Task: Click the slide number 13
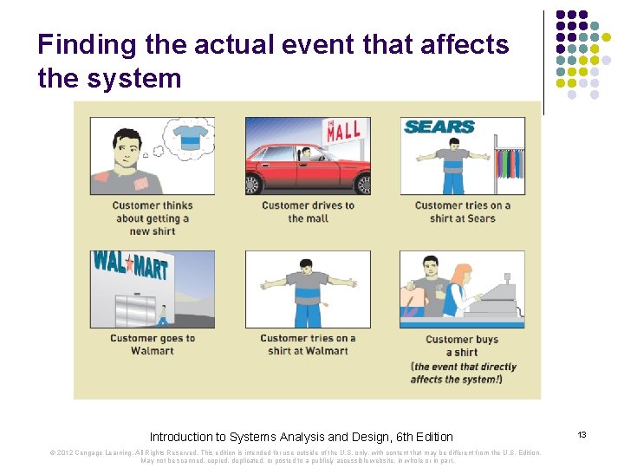pyautogui.click(x=582, y=434)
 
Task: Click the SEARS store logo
pyautogui.click(x=439, y=127)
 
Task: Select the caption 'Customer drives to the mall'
pyautogui.click(x=308, y=212)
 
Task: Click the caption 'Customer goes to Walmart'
pyautogui.click(x=153, y=345)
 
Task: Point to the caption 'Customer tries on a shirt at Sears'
pyautogui.click(x=462, y=212)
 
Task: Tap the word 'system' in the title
pyautogui.click(x=133, y=79)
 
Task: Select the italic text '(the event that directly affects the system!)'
pyautogui.click(x=462, y=373)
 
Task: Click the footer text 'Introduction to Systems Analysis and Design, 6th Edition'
pyautogui.click(x=301, y=437)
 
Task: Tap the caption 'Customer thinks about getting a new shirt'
pyautogui.click(x=152, y=218)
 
